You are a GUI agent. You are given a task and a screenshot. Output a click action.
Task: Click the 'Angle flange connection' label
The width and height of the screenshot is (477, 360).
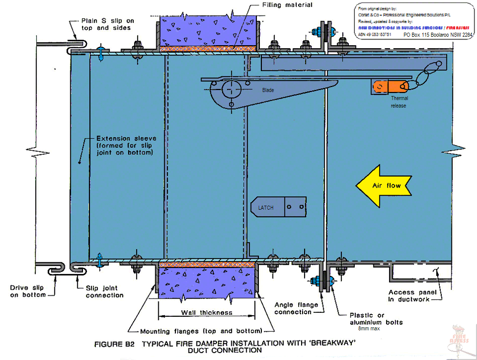[x=293, y=308]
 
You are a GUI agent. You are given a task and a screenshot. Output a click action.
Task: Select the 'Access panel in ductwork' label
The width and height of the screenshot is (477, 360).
[x=416, y=296]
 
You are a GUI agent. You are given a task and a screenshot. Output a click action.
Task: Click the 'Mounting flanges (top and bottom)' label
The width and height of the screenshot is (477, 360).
[x=201, y=331]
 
